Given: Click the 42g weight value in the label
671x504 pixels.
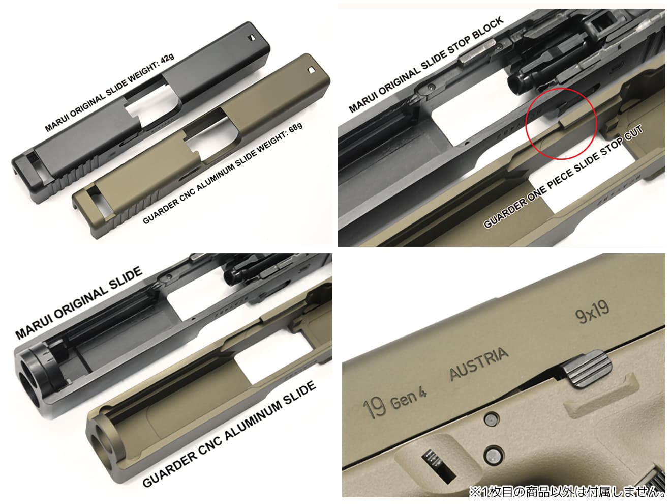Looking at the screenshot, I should point(166,60).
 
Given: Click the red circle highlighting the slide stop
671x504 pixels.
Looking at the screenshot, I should point(561,123).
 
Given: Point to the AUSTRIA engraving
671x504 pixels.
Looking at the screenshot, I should point(478,365).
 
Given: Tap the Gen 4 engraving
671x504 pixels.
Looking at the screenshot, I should point(409,401).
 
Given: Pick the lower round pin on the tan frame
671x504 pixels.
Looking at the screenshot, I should point(493,453).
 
